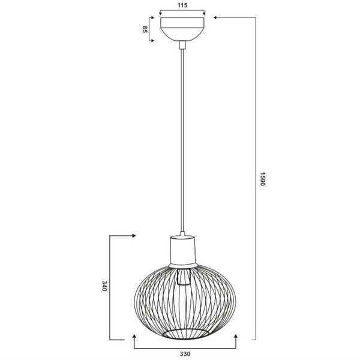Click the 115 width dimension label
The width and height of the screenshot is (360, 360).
click(183, 5)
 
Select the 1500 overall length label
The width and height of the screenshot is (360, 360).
click(262, 180)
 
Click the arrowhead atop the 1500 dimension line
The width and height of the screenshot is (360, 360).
click(215, 18)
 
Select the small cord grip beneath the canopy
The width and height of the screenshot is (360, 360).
click(182, 43)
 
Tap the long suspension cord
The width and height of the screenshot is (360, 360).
click(182, 138)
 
